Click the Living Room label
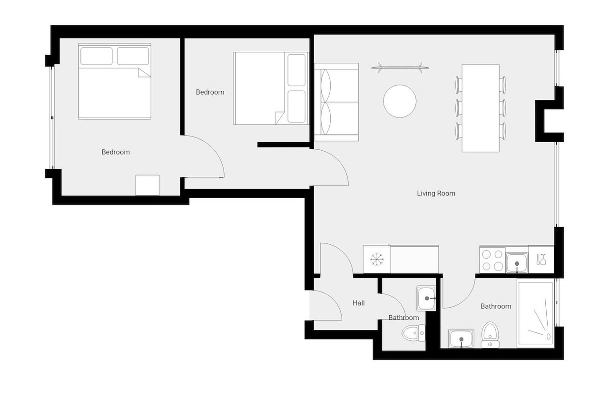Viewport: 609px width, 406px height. (x=436, y=193)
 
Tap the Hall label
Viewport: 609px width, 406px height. (x=358, y=303)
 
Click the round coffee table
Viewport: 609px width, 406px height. (x=400, y=101)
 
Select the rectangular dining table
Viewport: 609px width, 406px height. (x=481, y=108)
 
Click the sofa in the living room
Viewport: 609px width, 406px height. (x=336, y=102)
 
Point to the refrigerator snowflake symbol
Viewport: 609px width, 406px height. (x=377, y=259)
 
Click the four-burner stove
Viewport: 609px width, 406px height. (x=492, y=261)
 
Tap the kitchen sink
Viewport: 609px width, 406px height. (x=517, y=263)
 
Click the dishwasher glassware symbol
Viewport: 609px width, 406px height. (x=541, y=259)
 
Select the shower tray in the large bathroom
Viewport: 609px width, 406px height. (x=535, y=315)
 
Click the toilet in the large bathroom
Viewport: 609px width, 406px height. (x=490, y=335)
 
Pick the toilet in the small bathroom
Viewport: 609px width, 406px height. (x=413, y=333)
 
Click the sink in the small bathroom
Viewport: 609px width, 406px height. (x=426, y=299)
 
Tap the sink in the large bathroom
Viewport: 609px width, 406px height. (x=461, y=338)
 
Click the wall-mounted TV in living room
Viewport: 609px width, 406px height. (x=400, y=68)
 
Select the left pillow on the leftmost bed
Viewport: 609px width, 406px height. (x=97, y=56)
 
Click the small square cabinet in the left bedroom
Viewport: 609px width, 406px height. (x=147, y=185)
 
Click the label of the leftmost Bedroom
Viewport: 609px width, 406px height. (x=116, y=152)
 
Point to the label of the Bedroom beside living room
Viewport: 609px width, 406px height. (x=210, y=92)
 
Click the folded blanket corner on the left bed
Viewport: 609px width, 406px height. (x=144, y=73)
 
